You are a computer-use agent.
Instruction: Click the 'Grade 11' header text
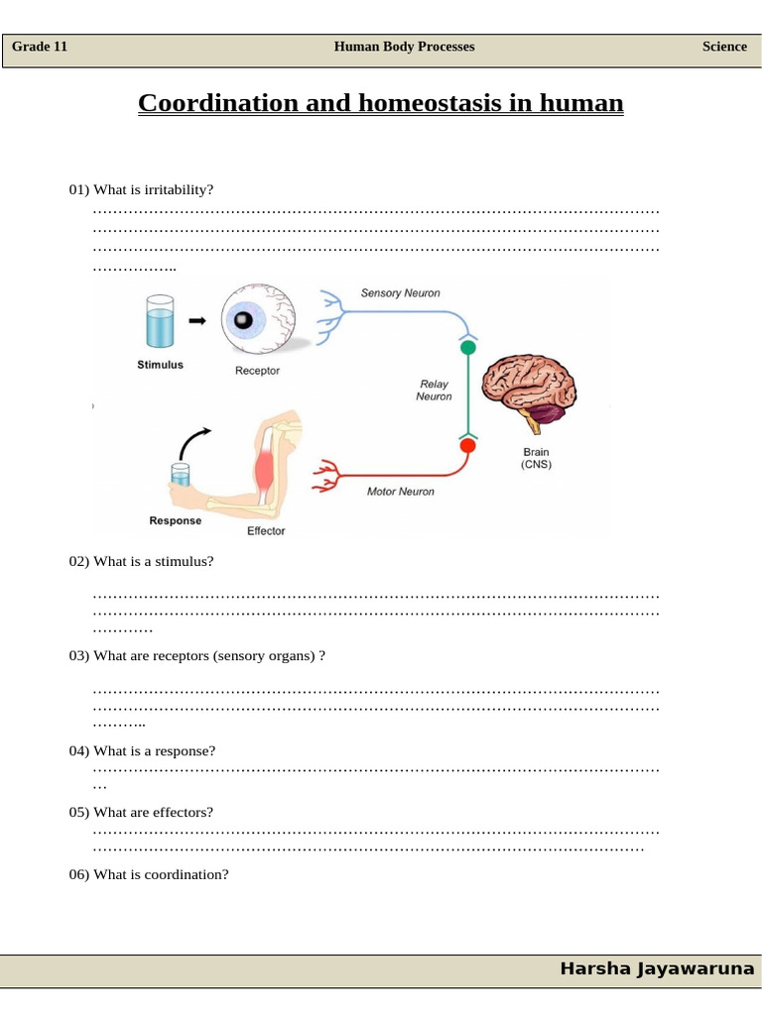[x=40, y=47]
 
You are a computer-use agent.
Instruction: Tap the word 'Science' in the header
[x=724, y=47]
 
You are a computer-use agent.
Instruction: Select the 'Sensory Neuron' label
[x=400, y=293]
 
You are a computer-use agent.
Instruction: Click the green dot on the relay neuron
[x=467, y=347]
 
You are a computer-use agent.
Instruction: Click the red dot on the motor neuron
[x=467, y=445]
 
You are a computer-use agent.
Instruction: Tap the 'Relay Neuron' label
[x=434, y=391]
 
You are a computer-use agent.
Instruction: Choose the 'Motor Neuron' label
[x=400, y=492]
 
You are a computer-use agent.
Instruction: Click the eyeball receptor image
[x=256, y=320]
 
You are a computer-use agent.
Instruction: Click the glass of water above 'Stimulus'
[x=160, y=320]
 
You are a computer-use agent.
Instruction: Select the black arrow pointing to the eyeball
[x=197, y=320]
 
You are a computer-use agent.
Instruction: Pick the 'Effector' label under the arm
[x=265, y=531]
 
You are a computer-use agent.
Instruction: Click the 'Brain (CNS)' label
[x=536, y=458]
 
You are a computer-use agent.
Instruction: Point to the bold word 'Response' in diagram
[x=175, y=520]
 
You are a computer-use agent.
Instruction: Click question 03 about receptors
[x=197, y=656]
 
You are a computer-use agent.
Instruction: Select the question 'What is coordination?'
[x=149, y=874]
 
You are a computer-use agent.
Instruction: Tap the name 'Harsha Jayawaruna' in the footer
[x=657, y=968]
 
